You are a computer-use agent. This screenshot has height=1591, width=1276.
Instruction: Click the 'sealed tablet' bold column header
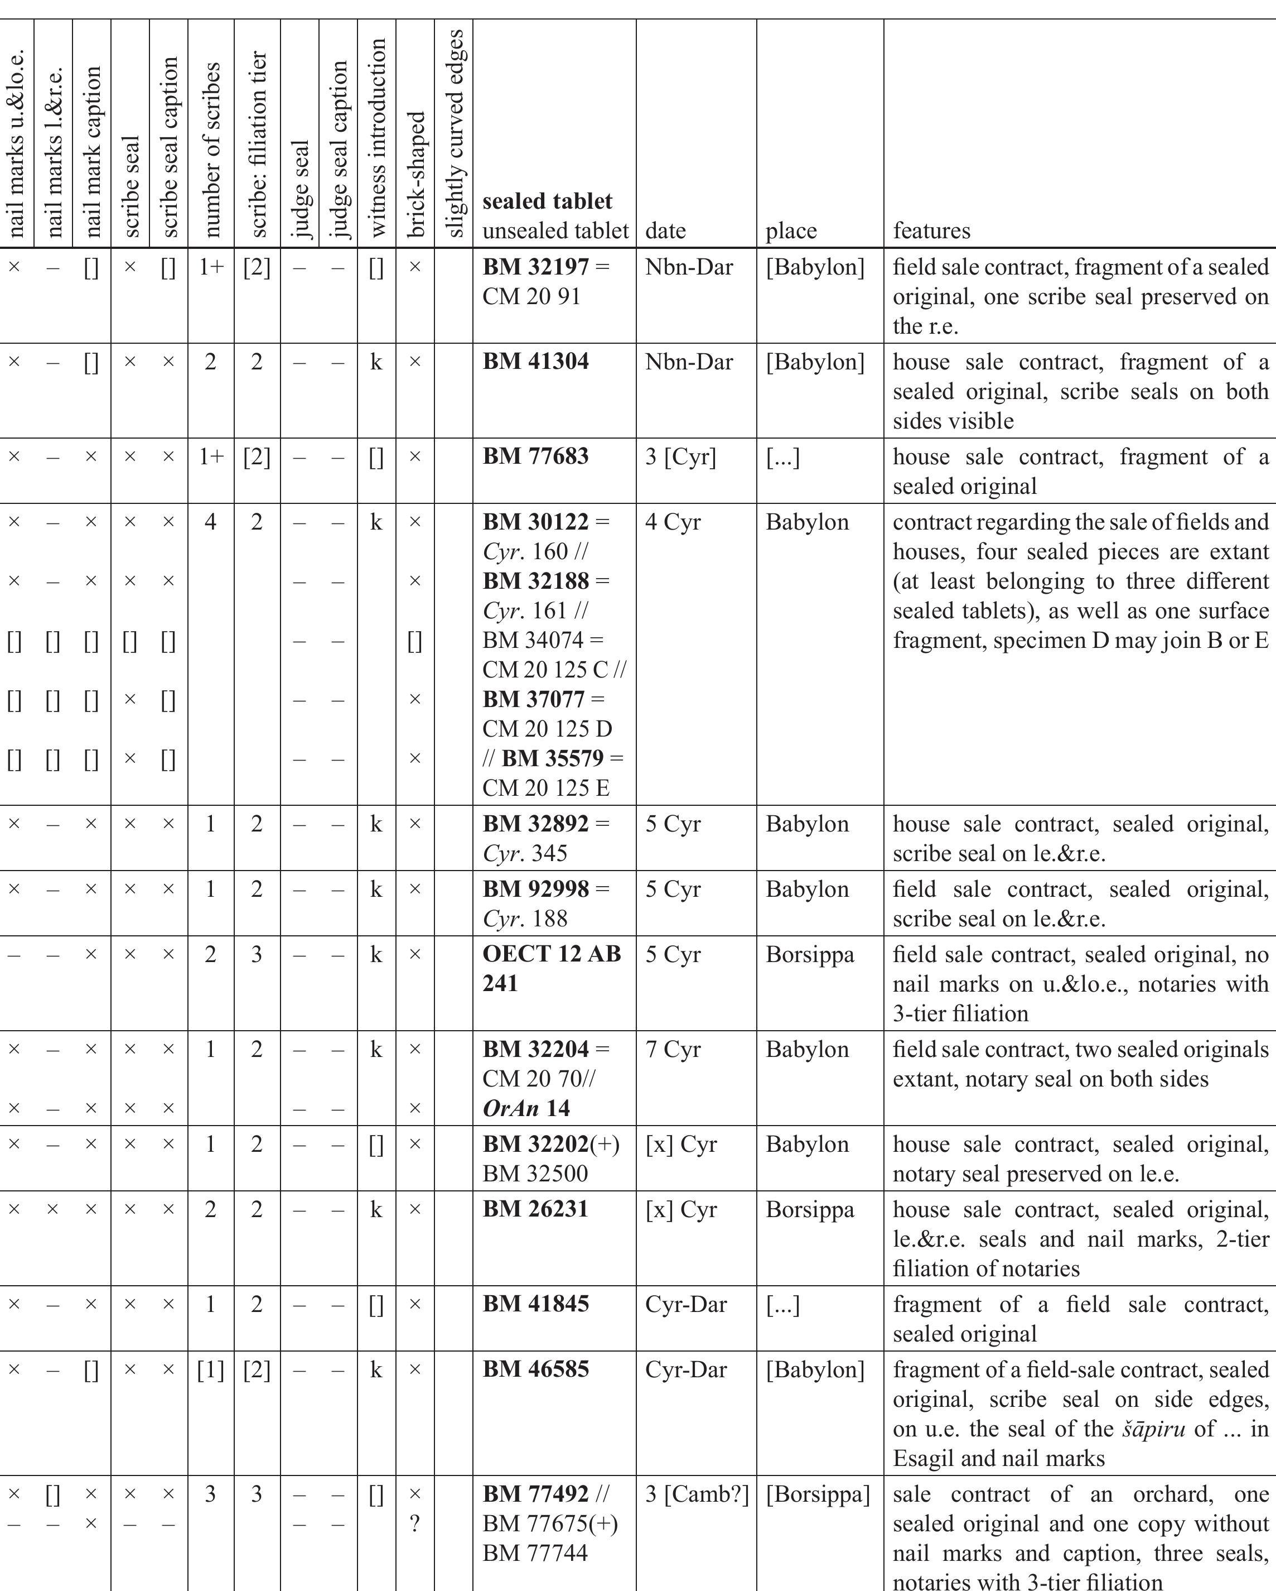click(x=547, y=201)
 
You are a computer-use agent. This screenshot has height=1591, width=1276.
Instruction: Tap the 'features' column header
click(x=931, y=230)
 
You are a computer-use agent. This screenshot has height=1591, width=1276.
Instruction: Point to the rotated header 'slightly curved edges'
click(x=455, y=133)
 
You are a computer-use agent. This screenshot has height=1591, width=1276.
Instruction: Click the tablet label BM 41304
click(x=535, y=362)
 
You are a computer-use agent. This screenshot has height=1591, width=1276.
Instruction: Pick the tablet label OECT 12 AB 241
click(x=551, y=968)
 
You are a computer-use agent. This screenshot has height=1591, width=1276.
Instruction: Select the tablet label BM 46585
click(x=535, y=1369)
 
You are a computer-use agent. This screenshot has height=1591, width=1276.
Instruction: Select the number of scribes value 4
click(x=210, y=522)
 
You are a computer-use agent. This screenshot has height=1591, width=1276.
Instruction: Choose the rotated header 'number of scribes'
click(x=212, y=150)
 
